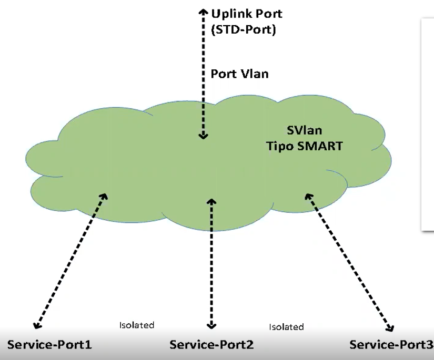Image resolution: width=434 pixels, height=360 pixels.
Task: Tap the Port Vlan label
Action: [239, 74]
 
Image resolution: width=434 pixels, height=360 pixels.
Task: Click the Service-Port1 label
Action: [49, 345]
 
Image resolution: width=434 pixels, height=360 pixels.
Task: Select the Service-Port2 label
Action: [211, 345]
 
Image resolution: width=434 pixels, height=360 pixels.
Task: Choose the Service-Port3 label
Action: [391, 345]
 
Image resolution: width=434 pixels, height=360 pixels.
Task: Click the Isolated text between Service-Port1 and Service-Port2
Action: [137, 325]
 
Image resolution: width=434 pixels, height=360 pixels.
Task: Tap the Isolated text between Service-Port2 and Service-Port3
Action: [286, 327]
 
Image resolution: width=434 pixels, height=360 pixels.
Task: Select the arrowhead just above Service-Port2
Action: [211, 325]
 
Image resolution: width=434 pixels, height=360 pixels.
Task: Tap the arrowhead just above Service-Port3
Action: [389, 327]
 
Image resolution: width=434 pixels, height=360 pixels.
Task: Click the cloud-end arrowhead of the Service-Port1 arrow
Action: [104, 196]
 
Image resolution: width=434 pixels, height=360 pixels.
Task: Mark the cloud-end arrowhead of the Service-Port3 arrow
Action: [307, 197]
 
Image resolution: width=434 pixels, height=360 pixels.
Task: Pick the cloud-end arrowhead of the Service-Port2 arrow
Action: [211, 201]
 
